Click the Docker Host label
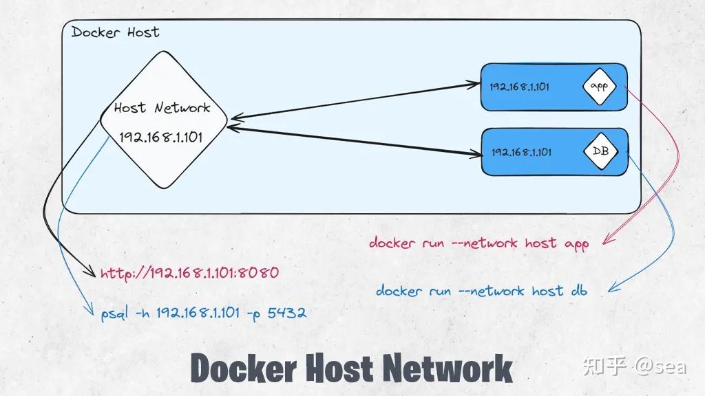point(115,32)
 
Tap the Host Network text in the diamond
point(162,108)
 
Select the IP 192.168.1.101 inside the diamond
point(161,136)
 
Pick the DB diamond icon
point(599,151)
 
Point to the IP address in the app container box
point(519,87)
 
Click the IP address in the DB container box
point(521,152)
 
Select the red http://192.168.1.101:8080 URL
point(189,273)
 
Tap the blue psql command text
point(203,313)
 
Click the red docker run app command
point(478,243)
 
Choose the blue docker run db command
point(481,291)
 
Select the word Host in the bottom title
point(343,368)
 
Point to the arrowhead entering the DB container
point(475,153)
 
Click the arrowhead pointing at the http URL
point(90,274)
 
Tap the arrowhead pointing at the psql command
point(90,313)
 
